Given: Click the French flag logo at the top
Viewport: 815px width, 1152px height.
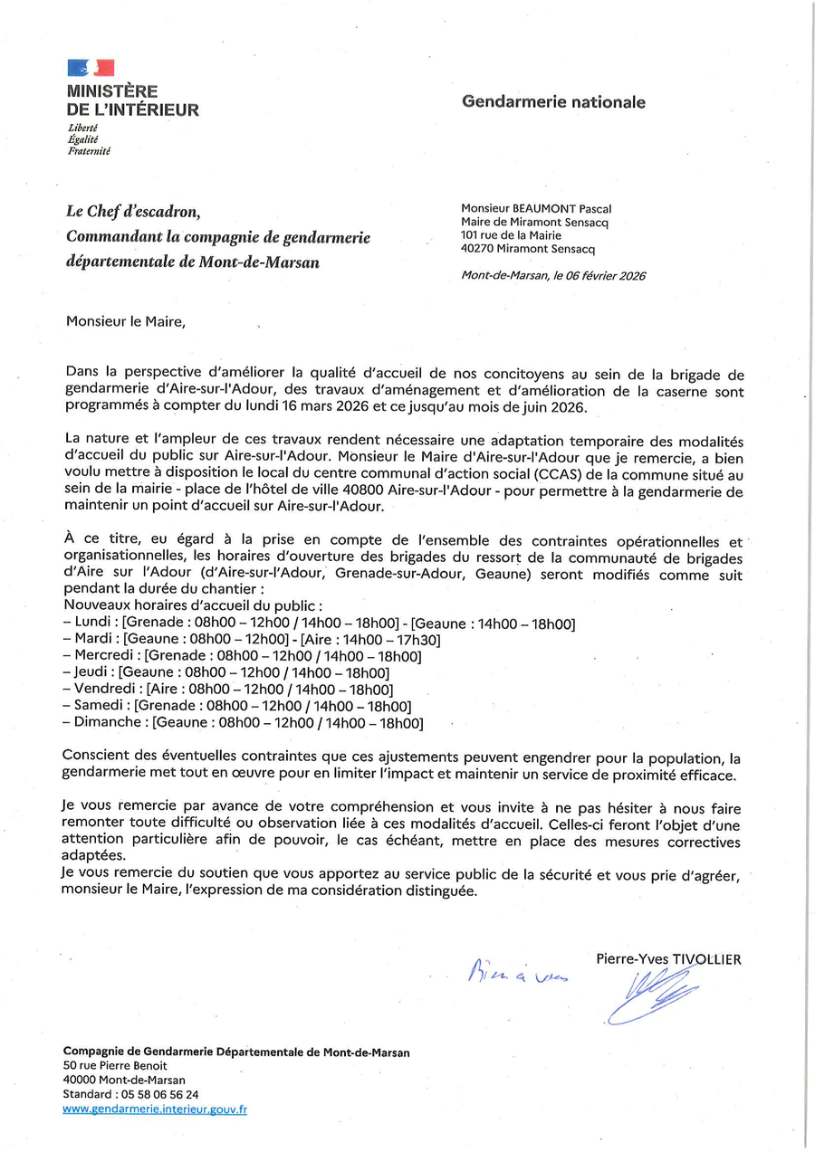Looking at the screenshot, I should [91, 68].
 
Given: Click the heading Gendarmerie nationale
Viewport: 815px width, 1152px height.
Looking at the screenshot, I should [553, 102].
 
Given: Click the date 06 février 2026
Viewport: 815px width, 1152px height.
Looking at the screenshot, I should [604, 276].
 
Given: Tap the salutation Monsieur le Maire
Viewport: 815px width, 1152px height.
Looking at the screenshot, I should [125, 320].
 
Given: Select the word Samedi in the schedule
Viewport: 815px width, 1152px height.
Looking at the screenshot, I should [101, 706].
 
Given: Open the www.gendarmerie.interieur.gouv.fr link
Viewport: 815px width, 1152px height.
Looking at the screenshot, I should [155, 1109].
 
